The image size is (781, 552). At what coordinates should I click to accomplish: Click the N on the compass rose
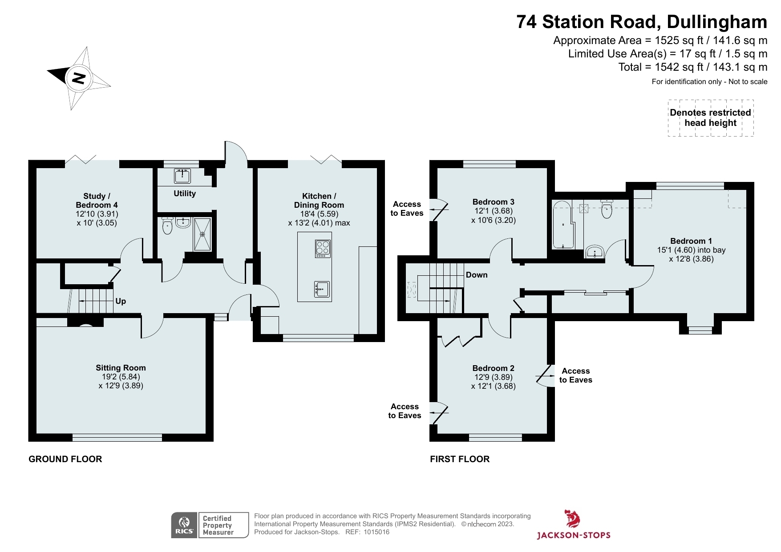[x=79, y=78]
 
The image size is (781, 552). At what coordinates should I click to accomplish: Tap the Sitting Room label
[x=121, y=368]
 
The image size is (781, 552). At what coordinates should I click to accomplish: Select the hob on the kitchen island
[x=323, y=249]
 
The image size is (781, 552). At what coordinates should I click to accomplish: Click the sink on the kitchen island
[x=321, y=289]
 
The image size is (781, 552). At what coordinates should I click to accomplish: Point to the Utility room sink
[x=182, y=176]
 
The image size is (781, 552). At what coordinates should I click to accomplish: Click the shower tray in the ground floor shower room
[x=202, y=234]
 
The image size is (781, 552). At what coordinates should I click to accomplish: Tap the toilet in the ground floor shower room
[x=167, y=226]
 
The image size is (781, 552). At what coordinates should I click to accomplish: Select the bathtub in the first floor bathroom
[x=563, y=225]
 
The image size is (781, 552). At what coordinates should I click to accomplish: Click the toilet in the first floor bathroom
[x=607, y=209]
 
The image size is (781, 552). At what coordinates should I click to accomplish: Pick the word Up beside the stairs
[x=121, y=301]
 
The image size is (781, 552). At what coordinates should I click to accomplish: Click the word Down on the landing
[x=477, y=275]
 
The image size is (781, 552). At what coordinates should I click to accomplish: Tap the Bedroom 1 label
[x=691, y=241]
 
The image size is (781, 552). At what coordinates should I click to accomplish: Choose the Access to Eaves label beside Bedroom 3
[x=407, y=209]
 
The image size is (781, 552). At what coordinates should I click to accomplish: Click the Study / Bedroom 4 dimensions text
[x=97, y=218]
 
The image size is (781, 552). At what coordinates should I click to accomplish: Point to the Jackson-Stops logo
[x=573, y=525]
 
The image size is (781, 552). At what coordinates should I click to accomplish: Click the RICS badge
[x=184, y=525]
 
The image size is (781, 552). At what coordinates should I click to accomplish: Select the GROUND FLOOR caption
[x=65, y=459]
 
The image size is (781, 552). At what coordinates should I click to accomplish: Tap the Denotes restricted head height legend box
[x=710, y=118]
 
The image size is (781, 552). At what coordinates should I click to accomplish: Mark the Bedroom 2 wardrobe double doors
[x=458, y=341]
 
